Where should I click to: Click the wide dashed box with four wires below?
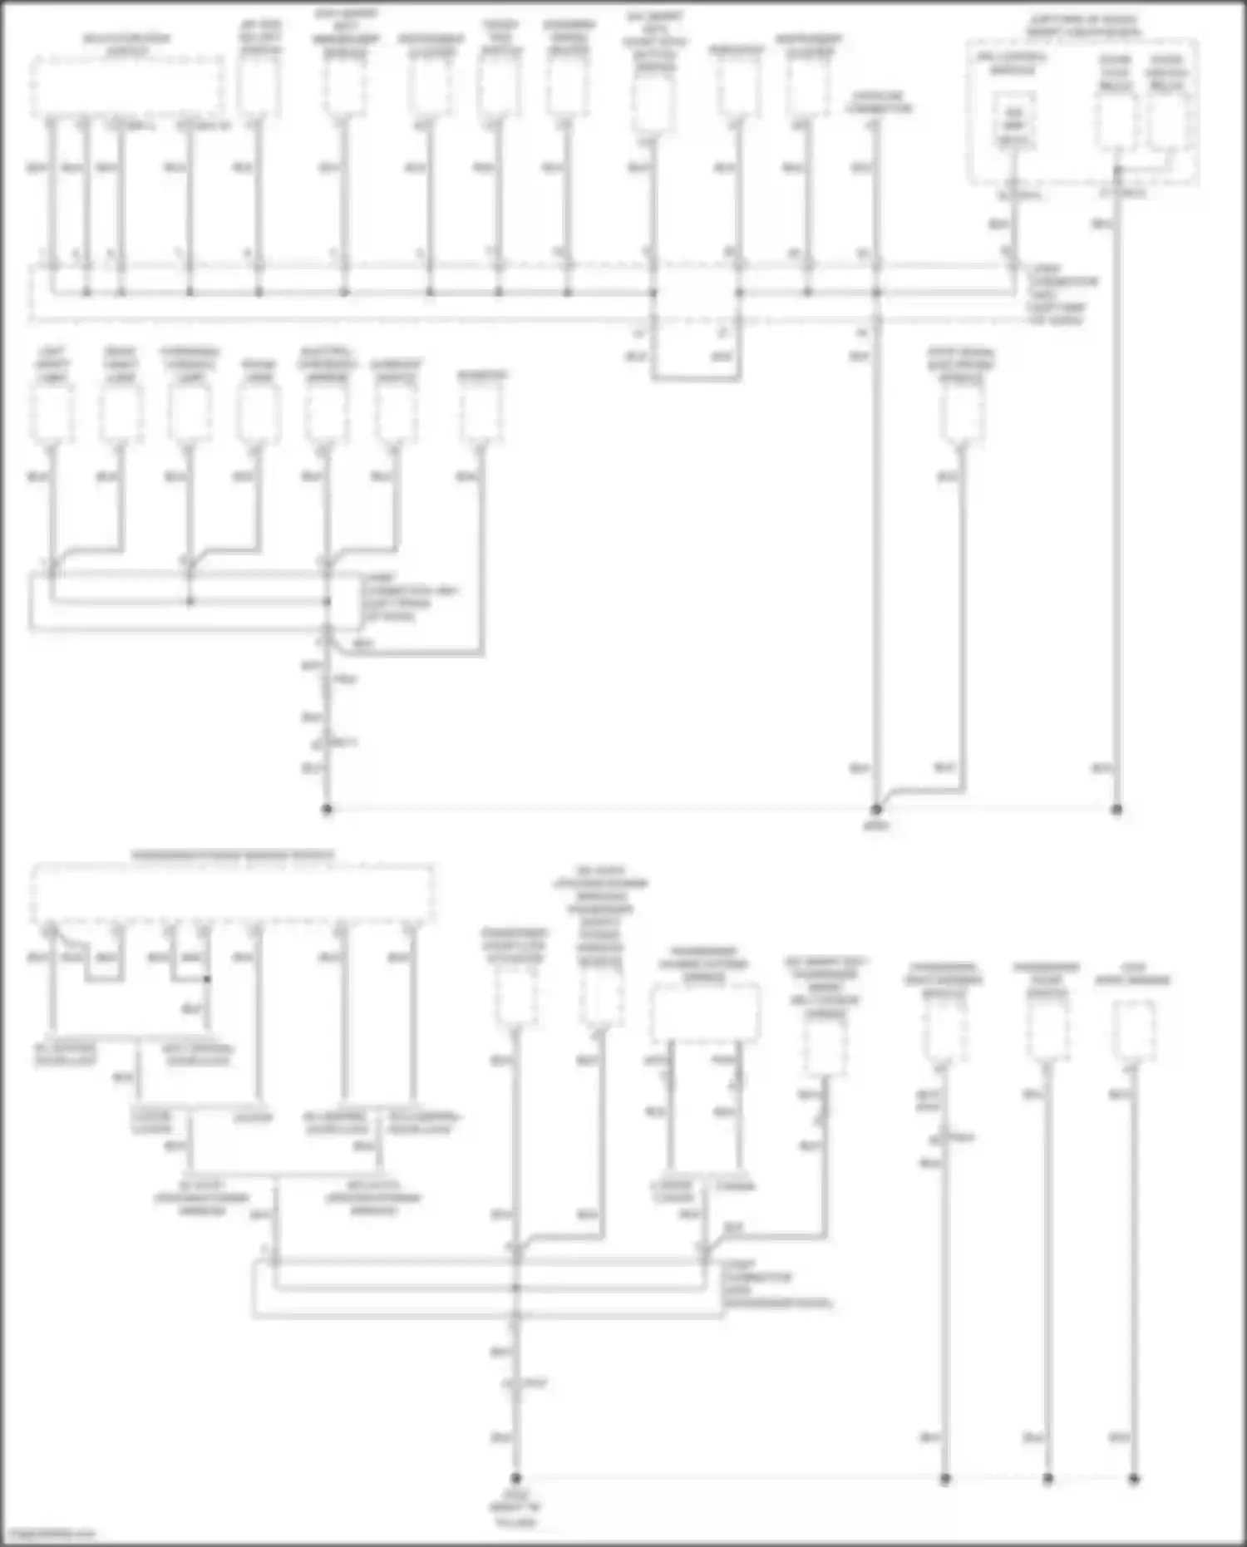click(126, 87)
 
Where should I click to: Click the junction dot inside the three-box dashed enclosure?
click(1117, 170)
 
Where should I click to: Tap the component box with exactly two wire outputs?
click(705, 1012)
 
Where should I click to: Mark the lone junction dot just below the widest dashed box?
click(207, 979)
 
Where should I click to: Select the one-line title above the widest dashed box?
click(233, 855)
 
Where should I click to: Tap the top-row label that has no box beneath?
click(878, 102)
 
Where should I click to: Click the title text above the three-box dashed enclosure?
click(1082, 25)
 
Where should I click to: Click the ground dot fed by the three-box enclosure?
click(1117, 809)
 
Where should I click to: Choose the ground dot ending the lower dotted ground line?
click(1134, 1479)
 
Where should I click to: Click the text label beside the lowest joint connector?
click(775, 1283)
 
